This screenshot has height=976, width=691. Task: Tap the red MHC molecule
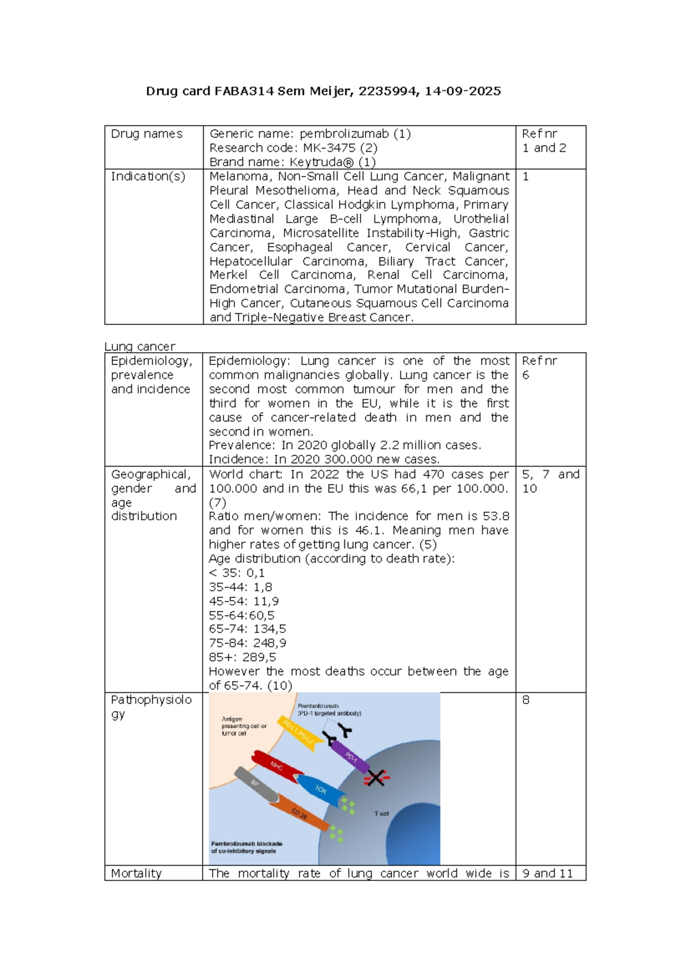(277, 765)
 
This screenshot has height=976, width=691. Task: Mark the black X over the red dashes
(376, 778)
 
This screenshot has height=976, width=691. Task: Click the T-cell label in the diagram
(381, 813)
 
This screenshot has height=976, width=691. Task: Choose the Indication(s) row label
(148, 176)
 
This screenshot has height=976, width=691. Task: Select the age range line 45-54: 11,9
(244, 601)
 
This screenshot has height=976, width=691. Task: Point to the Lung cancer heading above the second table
(139, 346)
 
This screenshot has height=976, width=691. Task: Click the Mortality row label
(136, 873)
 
